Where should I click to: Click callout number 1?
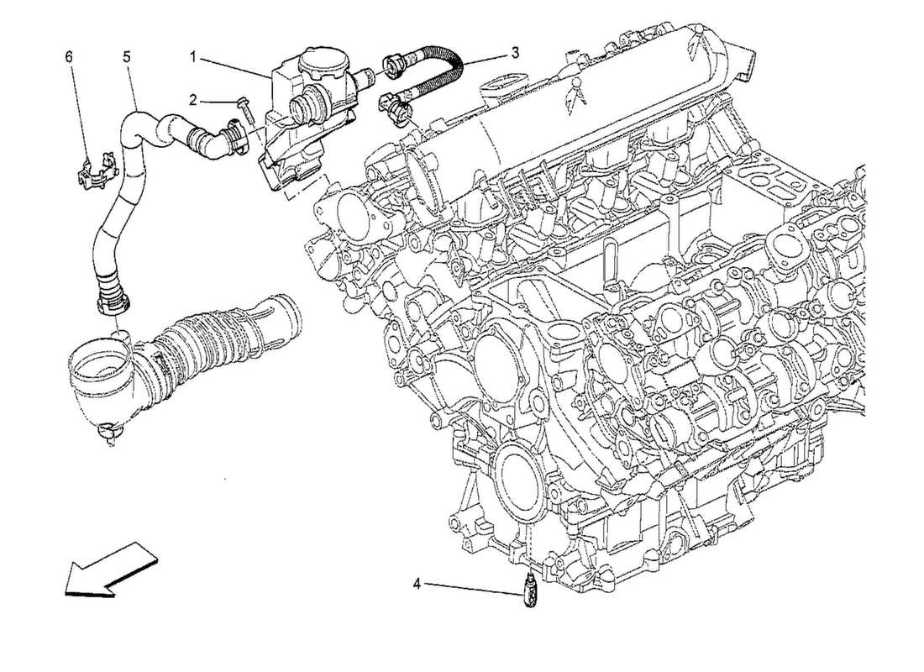coord(192,57)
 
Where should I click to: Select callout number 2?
coord(192,100)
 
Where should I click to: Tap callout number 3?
coord(515,52)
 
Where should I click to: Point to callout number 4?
coord(417,582)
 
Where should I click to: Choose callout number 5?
coord(126,57)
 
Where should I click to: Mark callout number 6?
coord(69,57)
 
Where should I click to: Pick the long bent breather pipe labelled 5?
coord(126,193)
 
